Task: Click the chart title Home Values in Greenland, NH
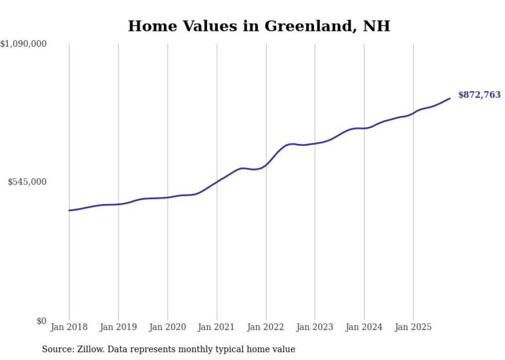(259, 26)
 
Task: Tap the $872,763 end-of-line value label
(479, 95)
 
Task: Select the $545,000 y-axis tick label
(27, 182)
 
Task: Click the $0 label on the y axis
(41, 321)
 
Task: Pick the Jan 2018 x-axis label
(69, 327)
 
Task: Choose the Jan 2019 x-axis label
(119, 327)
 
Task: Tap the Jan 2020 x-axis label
(167, 327)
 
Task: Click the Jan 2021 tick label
(216, 327)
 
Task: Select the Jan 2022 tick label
(266, 327)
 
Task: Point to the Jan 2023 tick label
(315, 327)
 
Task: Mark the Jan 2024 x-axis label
(364, 327)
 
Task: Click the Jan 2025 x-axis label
(413, 327)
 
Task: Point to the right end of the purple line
(450, 98)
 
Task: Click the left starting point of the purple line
(69, 210)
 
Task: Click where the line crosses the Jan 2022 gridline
(266, 165)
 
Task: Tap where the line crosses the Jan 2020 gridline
(167, 197)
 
